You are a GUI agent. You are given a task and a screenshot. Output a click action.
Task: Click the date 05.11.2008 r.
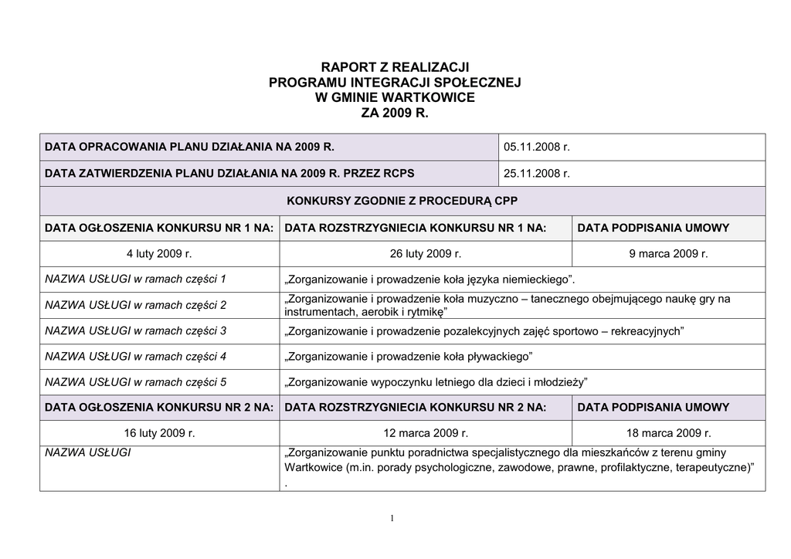[536, 147]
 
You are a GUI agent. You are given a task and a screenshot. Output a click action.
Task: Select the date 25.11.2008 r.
[536, 174]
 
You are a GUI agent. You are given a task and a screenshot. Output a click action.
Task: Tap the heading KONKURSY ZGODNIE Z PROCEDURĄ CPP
[402, 201]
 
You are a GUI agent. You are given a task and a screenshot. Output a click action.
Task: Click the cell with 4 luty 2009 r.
[159, 253]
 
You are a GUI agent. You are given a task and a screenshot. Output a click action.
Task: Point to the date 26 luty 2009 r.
[426, 253]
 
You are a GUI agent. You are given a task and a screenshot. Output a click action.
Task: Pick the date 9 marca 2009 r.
[669, 253]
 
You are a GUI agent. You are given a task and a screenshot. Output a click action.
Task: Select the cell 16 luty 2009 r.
[159, 433]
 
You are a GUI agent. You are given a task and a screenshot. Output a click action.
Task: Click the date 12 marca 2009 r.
[426, 433]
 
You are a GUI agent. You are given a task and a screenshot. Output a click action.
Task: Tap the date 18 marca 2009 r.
[669, 433]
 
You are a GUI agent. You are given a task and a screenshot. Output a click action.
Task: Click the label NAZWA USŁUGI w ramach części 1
[136, 278]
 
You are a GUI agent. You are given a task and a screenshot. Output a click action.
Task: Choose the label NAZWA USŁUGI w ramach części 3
[136, 330]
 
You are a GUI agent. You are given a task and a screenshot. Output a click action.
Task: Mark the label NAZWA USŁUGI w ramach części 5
[136, 381]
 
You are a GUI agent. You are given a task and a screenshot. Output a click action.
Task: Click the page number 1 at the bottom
[392, 518]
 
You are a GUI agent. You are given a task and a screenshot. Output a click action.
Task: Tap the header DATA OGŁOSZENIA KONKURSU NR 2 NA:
[159, 407]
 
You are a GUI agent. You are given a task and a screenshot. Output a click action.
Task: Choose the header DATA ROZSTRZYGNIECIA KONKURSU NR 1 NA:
[416, 228]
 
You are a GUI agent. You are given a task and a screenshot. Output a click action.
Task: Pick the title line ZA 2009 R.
[395, 113]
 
